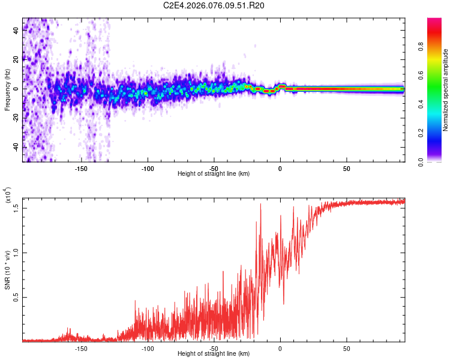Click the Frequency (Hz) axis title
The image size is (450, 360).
(x=8, y=90)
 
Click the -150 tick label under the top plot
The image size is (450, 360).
(x=82, y=169)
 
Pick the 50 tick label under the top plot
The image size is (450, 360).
(x=346, y=169)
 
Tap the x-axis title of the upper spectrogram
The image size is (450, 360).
(x=214, y=174)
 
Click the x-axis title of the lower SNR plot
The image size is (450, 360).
(x=214, y=354)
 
